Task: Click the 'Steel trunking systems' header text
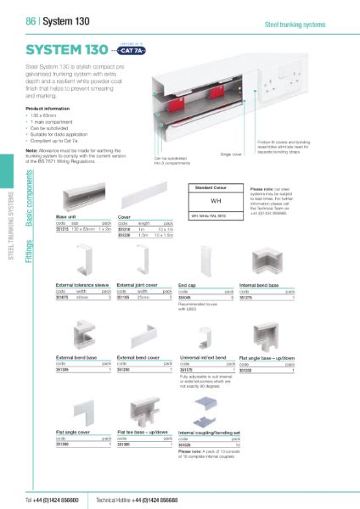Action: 295,25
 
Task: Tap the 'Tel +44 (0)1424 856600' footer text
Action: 56,499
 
